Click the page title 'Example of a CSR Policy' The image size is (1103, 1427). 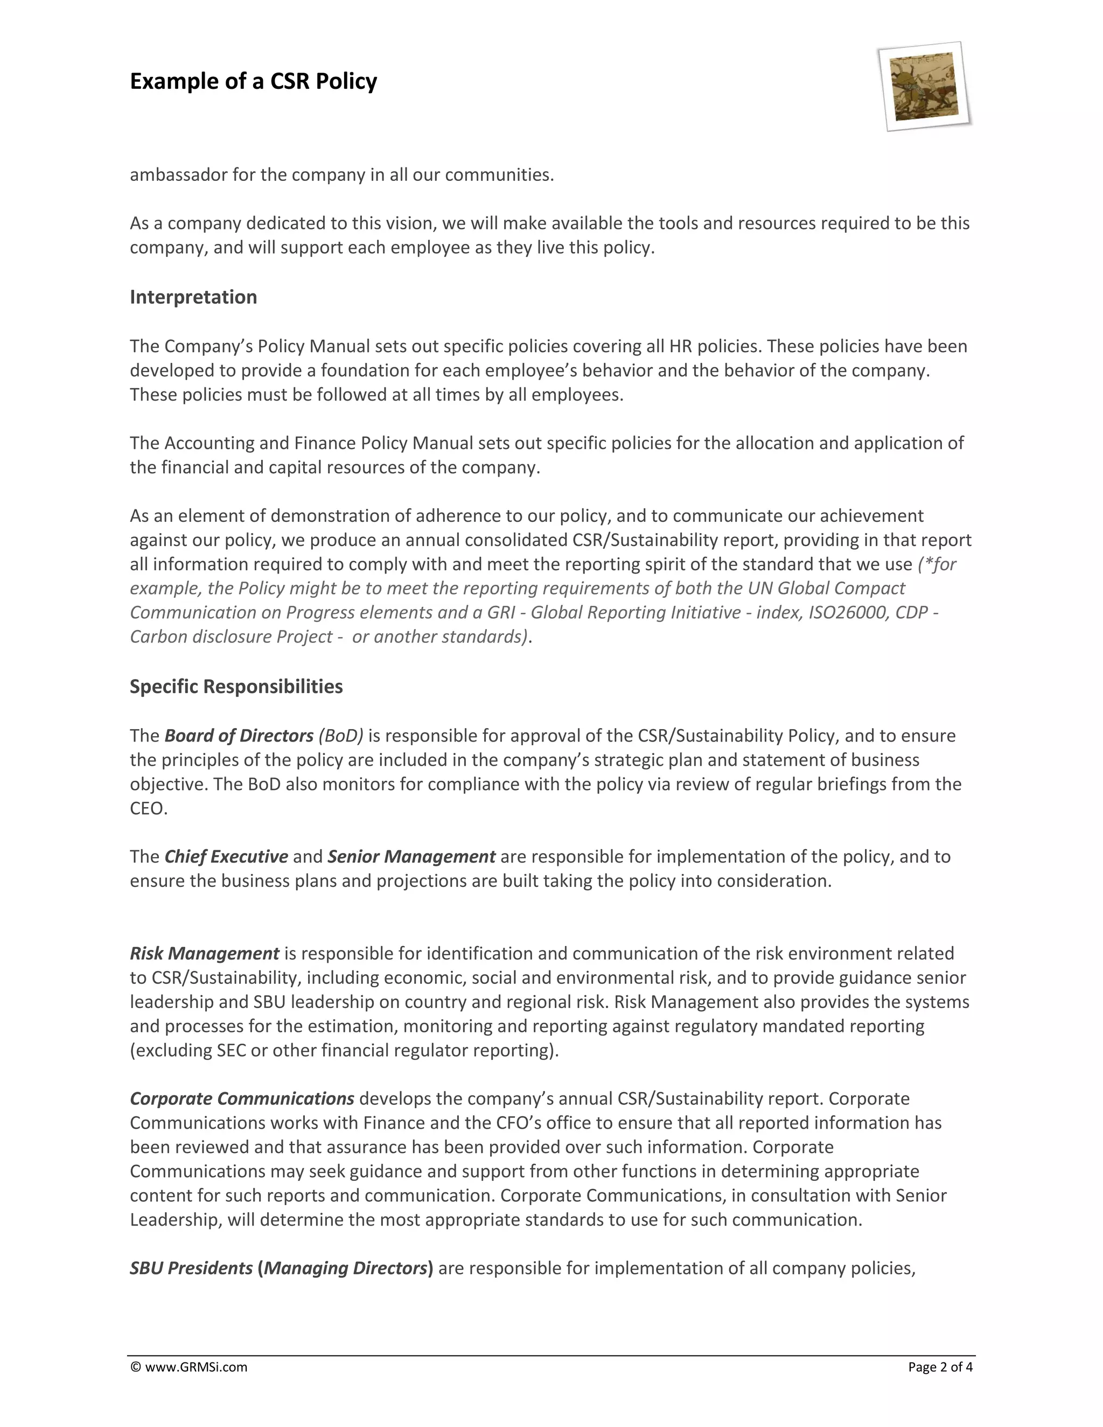[254, 81]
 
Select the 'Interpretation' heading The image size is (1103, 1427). [193, 297]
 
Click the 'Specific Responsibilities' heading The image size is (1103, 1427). [236, 687]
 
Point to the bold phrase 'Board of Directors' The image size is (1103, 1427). [239, 736]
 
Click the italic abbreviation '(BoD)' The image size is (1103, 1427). [341, 736]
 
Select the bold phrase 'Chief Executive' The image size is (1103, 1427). [226, 857]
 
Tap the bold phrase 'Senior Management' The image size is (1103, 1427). [411, 857]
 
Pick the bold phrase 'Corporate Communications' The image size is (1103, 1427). [242, 1099]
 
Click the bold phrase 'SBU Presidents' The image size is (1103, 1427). [191, 1268]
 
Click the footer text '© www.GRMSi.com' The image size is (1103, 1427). [189, 1367]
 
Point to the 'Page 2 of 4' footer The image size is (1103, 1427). [940, 1367]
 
